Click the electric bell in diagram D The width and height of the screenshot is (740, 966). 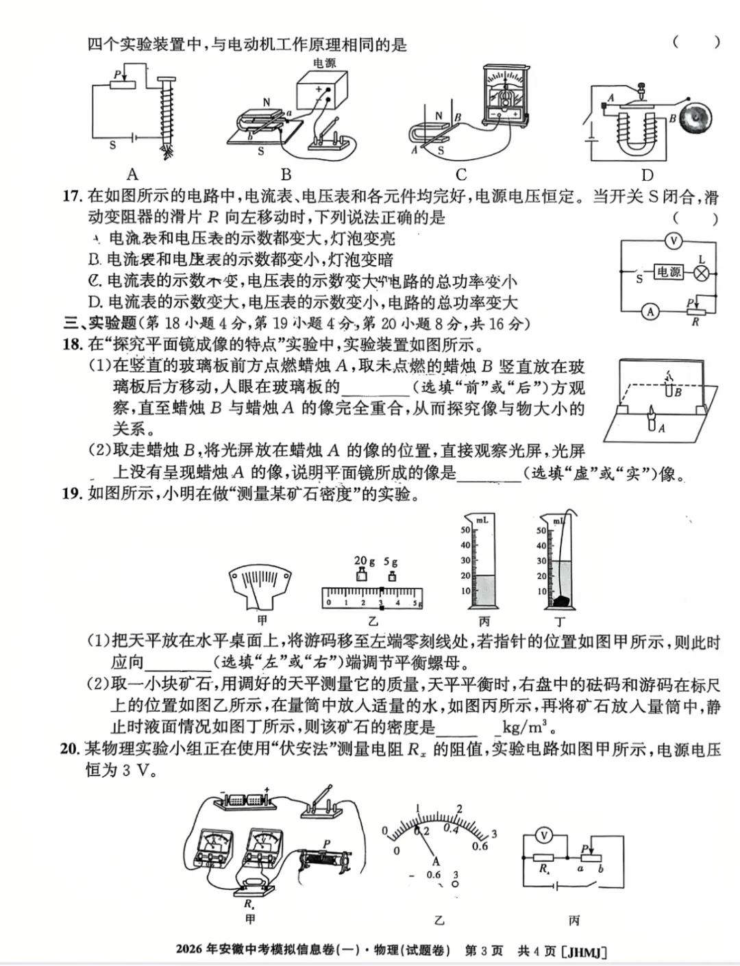(x=698, y=118)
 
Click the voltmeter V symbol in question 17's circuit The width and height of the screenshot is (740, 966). (x=674, y=240)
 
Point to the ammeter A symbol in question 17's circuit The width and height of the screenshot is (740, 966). (x=650, y=312)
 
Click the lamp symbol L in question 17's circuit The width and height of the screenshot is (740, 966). (x=702, y=273)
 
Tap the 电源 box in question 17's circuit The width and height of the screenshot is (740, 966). (x=668, y=273)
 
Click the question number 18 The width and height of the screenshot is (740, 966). (x=72, y=345)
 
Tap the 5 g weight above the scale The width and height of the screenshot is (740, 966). (x=391, y=575)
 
